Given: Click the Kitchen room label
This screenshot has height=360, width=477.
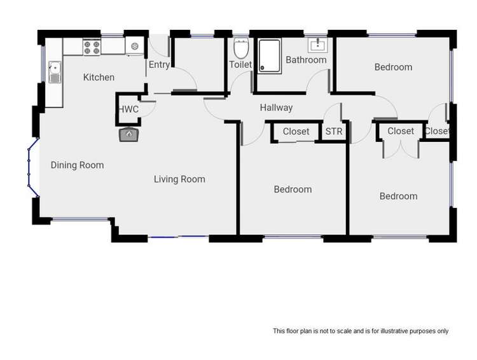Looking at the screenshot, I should [99, 78].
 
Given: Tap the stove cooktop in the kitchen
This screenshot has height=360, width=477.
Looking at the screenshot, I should [92, 46].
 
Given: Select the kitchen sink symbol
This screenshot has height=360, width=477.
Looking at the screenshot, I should [55, 71].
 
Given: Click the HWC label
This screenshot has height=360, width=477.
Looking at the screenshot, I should [128, 109].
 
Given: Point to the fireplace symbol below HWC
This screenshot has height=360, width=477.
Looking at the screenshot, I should [129, 134].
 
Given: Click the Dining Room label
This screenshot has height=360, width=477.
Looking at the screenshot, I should [77, 165].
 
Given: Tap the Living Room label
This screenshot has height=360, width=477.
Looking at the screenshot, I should [179, 179].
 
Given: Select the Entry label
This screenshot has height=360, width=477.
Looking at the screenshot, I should [159, 65].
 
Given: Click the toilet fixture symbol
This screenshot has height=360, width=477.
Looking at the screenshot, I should [240, 48].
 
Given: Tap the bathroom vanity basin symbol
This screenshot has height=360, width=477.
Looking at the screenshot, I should [317, 45].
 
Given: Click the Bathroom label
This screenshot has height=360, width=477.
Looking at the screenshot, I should [306, 60].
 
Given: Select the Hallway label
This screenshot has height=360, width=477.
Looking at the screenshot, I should [276, 108].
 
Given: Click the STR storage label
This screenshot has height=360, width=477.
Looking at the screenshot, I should [333, 132].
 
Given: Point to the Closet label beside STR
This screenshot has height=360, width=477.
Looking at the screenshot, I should [296, 132].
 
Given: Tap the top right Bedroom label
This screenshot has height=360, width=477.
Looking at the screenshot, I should [393, 67].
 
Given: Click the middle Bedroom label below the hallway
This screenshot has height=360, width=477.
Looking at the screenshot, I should [293, 190].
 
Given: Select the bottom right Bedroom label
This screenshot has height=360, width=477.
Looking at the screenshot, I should [398, 197].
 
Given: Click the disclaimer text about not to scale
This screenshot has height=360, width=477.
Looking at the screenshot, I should [361, 331].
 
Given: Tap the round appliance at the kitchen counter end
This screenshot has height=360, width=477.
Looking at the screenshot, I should [135, 46].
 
